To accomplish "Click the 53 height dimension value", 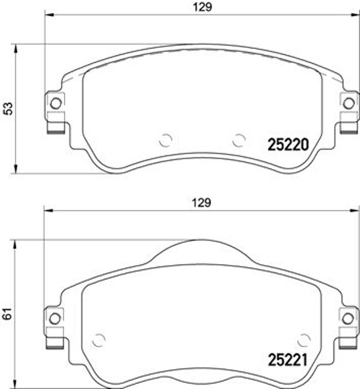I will (x=7, y=109).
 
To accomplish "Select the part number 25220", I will (x=289, y=145).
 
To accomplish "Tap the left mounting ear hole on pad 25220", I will (x=55, y=103).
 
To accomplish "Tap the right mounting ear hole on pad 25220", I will (x=348, y=103).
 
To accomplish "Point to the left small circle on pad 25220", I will (x=164, y=140).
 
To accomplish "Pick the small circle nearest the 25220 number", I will (x=239, y=140).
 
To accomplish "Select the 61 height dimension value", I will (x=7, y=315).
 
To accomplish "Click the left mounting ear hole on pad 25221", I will (x=55, y=317).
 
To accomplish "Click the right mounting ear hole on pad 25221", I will (x=348, y=317).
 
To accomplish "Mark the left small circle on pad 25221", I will (x=100, y=339).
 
